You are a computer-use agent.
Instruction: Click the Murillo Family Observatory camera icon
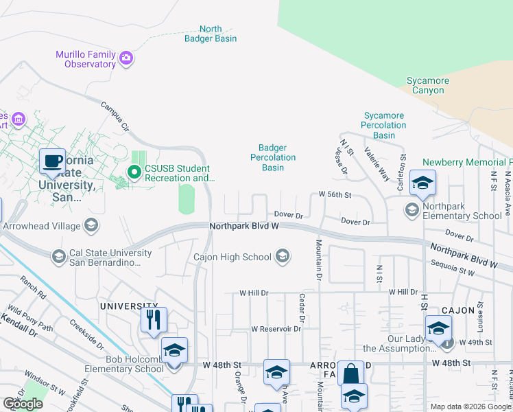(126, 58)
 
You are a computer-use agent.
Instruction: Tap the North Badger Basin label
(211, 34)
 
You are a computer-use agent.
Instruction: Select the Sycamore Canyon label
(428, 85)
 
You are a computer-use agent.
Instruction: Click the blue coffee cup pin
(52, 162)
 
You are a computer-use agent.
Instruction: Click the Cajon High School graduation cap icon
(281, 257)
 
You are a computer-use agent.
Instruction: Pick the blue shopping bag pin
(350, 374)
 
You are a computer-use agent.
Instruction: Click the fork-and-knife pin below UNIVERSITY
(154, 319)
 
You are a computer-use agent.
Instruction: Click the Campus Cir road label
(115, 117)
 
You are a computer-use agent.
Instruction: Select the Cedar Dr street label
(301, 308)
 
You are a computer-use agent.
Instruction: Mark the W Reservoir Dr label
(276, 329)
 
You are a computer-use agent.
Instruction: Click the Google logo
(23, 403)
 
